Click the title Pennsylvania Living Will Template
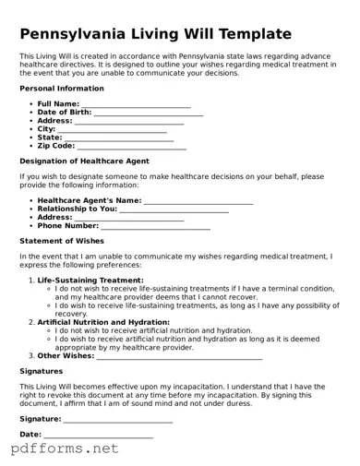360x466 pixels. [x=156, y=34]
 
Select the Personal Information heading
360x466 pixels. [x=62, y=88]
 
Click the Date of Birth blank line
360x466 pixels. [x=149, y=113]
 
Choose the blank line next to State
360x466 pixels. [x=119, y=137]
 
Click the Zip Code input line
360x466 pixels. [x=132, y=146]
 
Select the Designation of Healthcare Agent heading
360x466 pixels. [x=84, y=161]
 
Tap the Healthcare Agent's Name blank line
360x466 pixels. [x=198, y=200]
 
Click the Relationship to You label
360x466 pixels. [x=78, y=209]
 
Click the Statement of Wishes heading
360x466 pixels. [x=62, y=241]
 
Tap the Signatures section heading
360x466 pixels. [x=42, y=371]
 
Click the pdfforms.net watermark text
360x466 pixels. [x=65, y=449]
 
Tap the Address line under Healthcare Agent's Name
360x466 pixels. [x=129, y=217]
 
